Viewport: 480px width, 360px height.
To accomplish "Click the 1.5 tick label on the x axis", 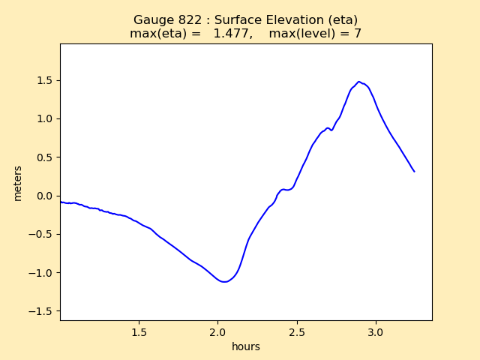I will click(x=139, y=331).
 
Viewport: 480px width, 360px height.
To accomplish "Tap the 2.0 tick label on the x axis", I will click(x=217, y=331).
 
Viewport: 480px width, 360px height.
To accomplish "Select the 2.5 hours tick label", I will click(x=297, y=331).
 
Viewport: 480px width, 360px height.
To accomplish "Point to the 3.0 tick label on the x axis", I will click(x=376, y=331).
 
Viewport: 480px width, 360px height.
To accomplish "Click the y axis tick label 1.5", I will click(x=45, y=80).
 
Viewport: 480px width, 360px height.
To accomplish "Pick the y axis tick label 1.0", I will click(x=45, y=118).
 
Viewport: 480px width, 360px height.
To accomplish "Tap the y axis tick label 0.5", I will click(x=45, y=157).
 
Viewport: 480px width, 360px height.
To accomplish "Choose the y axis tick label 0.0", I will click(x=45, y=196).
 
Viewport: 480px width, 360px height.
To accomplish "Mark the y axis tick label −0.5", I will click(x=42, y=234).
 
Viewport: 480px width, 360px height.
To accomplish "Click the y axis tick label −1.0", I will click(x=42, y=273).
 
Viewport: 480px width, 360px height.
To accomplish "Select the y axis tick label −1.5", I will click(x=42, y=311).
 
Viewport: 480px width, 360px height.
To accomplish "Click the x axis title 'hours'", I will click(x=246, y=346).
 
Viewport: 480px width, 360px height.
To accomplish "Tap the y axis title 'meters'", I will click(x=17, y=182).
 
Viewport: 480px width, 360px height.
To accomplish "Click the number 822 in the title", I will click(x=195, y=19).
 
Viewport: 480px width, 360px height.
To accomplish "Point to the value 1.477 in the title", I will click(x=238, y=33).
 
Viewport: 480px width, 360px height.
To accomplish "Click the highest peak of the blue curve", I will click(x=358, y=82).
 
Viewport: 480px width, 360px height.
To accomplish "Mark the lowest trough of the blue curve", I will click(x=224, y=282).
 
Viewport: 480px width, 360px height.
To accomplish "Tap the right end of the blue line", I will click(x=414, y=172).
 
